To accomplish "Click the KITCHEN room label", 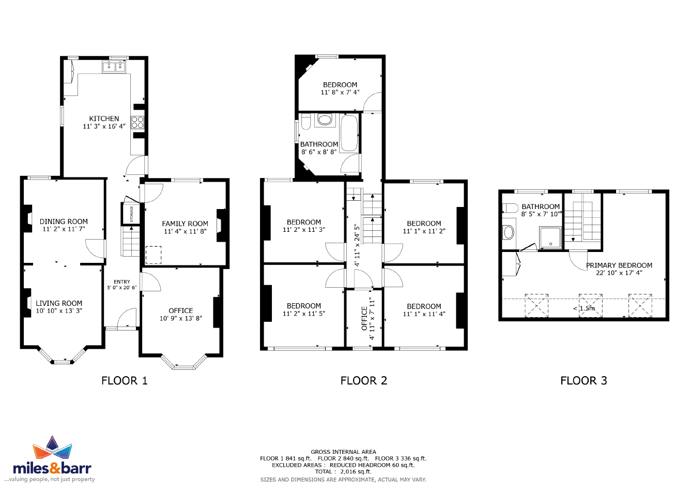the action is coord(104,118).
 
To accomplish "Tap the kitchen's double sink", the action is coord(114,67).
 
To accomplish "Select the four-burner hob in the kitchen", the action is coord(137,122).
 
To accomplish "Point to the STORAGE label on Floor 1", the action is coord(131,214).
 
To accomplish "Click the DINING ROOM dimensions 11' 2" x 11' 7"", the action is coord(64,229).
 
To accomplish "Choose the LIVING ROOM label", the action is coord(59,303).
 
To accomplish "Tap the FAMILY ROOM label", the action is coord(185,224).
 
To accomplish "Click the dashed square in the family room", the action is coord(154,255).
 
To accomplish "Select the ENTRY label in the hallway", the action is coord(121,282).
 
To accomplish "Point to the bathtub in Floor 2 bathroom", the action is coord(349,133).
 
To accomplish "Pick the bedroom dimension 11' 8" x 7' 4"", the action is coord(340,92).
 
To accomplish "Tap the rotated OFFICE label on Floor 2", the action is coord(364,318).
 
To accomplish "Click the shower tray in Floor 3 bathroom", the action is coord(550,238).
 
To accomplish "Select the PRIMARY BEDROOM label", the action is coord(619,265).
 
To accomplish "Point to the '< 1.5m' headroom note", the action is coord(584,308).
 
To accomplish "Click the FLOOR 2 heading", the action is coord(363,380).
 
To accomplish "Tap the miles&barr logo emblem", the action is coord(52,447).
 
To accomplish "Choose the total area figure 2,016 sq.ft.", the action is coord(356,471).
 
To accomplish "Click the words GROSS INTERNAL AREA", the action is coord(343,452).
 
